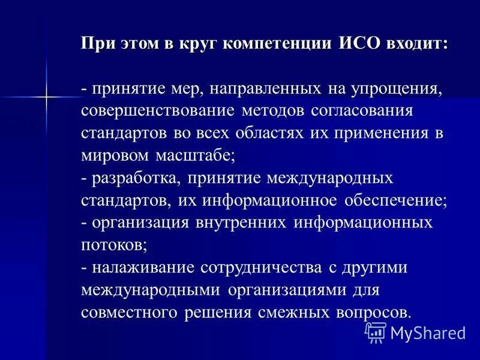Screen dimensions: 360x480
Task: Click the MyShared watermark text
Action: click(427, 333)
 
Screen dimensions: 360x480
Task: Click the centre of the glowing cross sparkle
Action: click(46, 95)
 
